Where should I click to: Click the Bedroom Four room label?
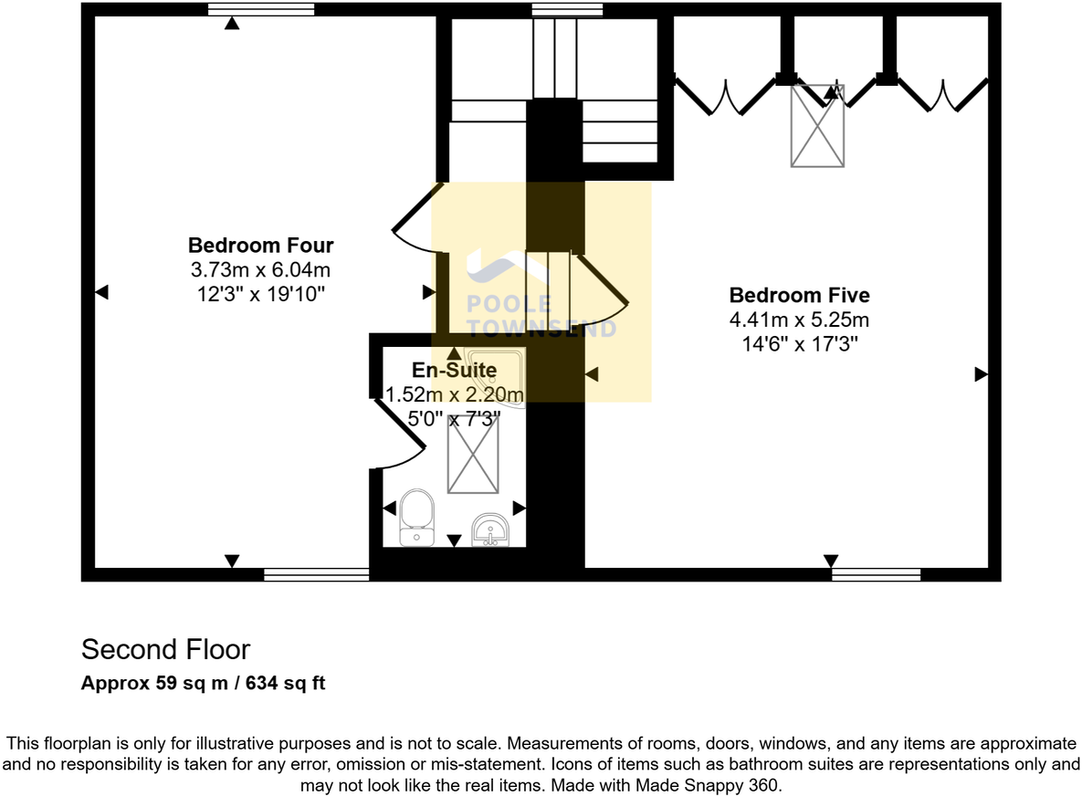click(260, 246)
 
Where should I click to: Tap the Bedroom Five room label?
click(799, 295)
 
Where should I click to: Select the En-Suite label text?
click(454, 371)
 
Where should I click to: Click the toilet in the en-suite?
click(417, 517)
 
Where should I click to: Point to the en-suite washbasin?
click(490, 530)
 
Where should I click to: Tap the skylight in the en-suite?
click(473, 453)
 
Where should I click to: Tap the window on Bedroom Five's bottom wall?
click(876, 574)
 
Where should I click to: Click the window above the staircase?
click(567, 10)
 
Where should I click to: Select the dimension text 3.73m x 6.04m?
click(260, 270)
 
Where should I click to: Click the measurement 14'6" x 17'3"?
click(799, 344)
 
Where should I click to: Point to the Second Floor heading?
click(165, 649)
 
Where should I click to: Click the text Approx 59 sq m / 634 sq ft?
click(203, 682)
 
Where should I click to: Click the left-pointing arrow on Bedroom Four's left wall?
click(102, 292)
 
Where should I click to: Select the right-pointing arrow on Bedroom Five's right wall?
click(981, 373)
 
